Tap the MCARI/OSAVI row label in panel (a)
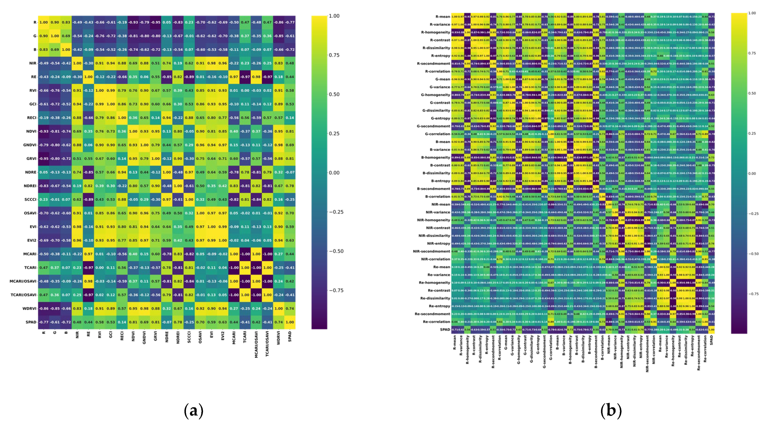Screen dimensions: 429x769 (x=23, y=281)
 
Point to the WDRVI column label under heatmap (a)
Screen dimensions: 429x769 (x=279, y=338)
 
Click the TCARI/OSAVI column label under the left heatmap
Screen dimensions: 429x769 (x=267, y=343)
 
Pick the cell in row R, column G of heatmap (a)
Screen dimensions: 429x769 (x=55, y=22)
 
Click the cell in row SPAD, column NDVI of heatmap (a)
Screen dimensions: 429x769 (x=133, y=322)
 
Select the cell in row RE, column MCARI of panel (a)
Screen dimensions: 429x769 (x=234, y=77)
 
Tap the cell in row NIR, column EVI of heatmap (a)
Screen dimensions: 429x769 (x=211, y=63)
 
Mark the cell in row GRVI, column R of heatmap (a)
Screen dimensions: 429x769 (x=44, y=159)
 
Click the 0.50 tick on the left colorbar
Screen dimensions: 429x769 (x=334, y=94)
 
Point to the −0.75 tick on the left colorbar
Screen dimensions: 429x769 (x=336, y=290)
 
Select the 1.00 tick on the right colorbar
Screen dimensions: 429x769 (x=752, y=13)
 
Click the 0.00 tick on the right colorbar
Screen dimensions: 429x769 (x=752, y=174)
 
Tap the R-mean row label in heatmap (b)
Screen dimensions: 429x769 (x=442, y=17)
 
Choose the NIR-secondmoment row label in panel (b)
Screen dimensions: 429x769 (x=431, y=251)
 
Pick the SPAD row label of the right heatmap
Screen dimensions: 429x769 (x=445, y=330)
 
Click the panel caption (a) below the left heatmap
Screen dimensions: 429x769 (x=194, y=411)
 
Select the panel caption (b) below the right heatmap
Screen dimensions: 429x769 (x=611, y=411)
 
